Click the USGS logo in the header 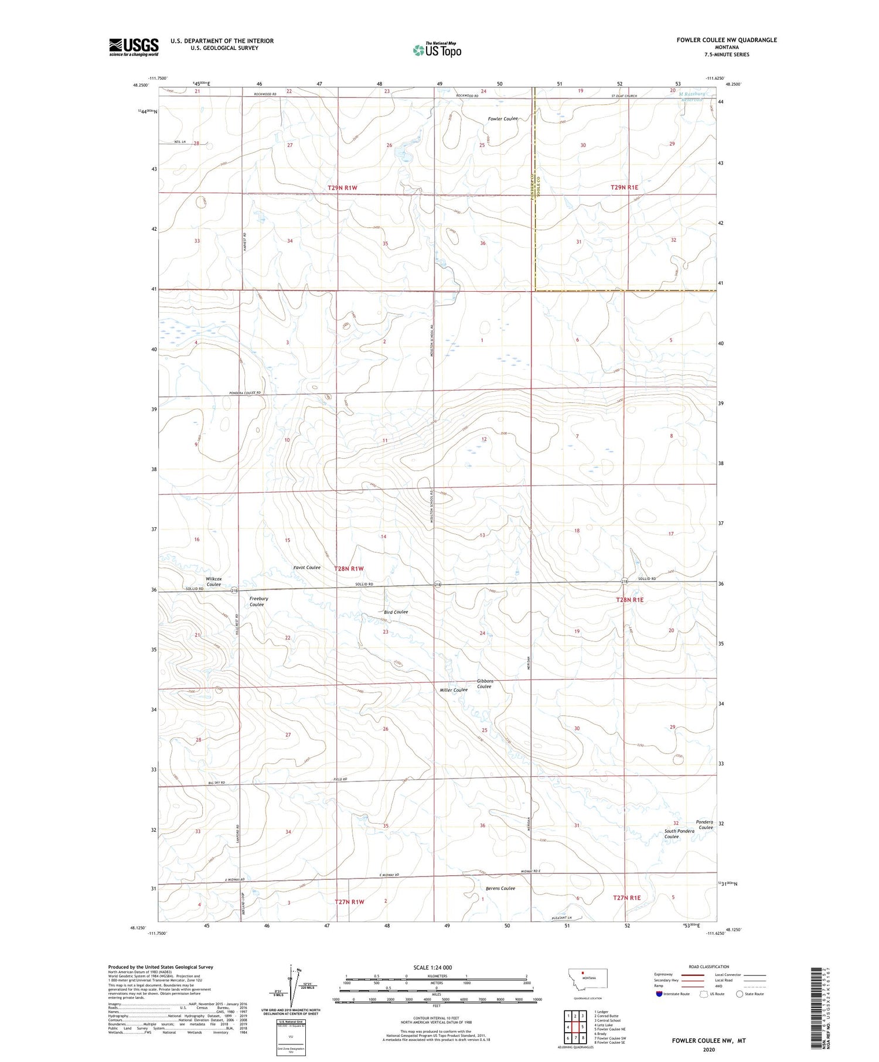coord(134,47)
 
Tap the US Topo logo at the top coord(437,50)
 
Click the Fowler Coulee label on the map coord(503,119)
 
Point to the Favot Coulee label coord(306,567)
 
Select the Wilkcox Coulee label coord(213,581)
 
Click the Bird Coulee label coord(391,612)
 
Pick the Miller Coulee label coord(454,690)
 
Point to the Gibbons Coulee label coord(485,684)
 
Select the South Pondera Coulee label coord(679,834)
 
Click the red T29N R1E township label coord(624,187)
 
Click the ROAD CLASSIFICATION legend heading coord(708,967)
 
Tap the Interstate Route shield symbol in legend coord(660,993)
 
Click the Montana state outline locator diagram coord(588,979)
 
